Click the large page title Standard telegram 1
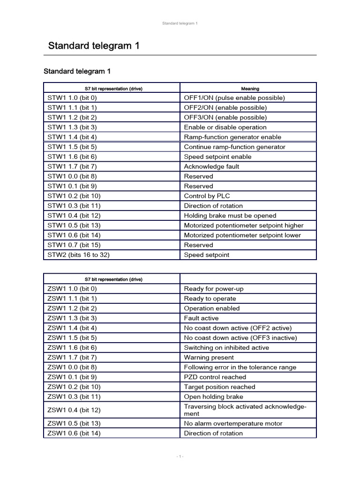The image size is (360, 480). [x=94, y=46]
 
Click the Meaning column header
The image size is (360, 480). [x=250, y=88]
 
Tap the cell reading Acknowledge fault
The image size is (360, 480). [x=211, y=166]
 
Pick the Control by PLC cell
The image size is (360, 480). [x=207, y=196]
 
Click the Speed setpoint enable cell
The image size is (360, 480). [x=217, y=157]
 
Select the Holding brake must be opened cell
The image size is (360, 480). [x=230, y=216]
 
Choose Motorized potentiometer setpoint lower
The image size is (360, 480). [x=242, y=235]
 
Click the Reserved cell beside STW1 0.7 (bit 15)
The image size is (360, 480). [x=198, y=245]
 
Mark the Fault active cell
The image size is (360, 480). [x=201, y=318]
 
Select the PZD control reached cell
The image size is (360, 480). [x=215, y=377]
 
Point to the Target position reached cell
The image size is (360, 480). [x=219, y=387]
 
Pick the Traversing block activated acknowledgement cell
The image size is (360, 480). [x=245, y=410]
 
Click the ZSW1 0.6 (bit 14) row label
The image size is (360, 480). [x=74, y=434]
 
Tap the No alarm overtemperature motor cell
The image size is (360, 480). [x=233, y=424]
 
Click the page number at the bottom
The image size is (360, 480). [x=180, y=457]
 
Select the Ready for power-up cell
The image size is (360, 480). [x=214, y=289]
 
